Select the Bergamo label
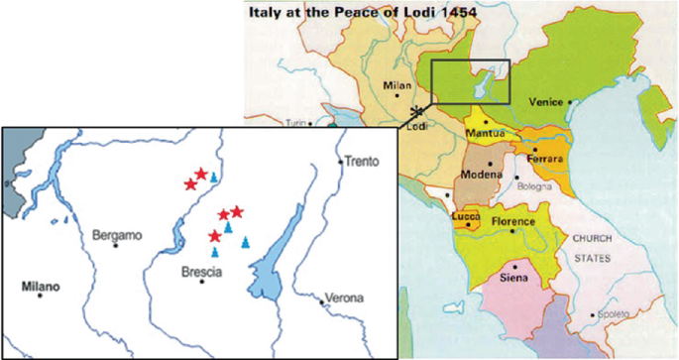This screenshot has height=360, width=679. [116, 235]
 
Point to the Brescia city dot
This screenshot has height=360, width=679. [202, 282]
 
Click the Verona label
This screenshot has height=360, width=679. [346, 298]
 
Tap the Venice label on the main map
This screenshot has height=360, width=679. [546, 102]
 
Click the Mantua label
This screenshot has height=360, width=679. [486, 133]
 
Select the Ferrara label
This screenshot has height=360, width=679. [544, 159]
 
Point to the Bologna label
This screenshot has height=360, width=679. [536, 185]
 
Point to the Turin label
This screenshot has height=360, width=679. [293, 123]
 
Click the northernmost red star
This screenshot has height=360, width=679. [201, 175]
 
